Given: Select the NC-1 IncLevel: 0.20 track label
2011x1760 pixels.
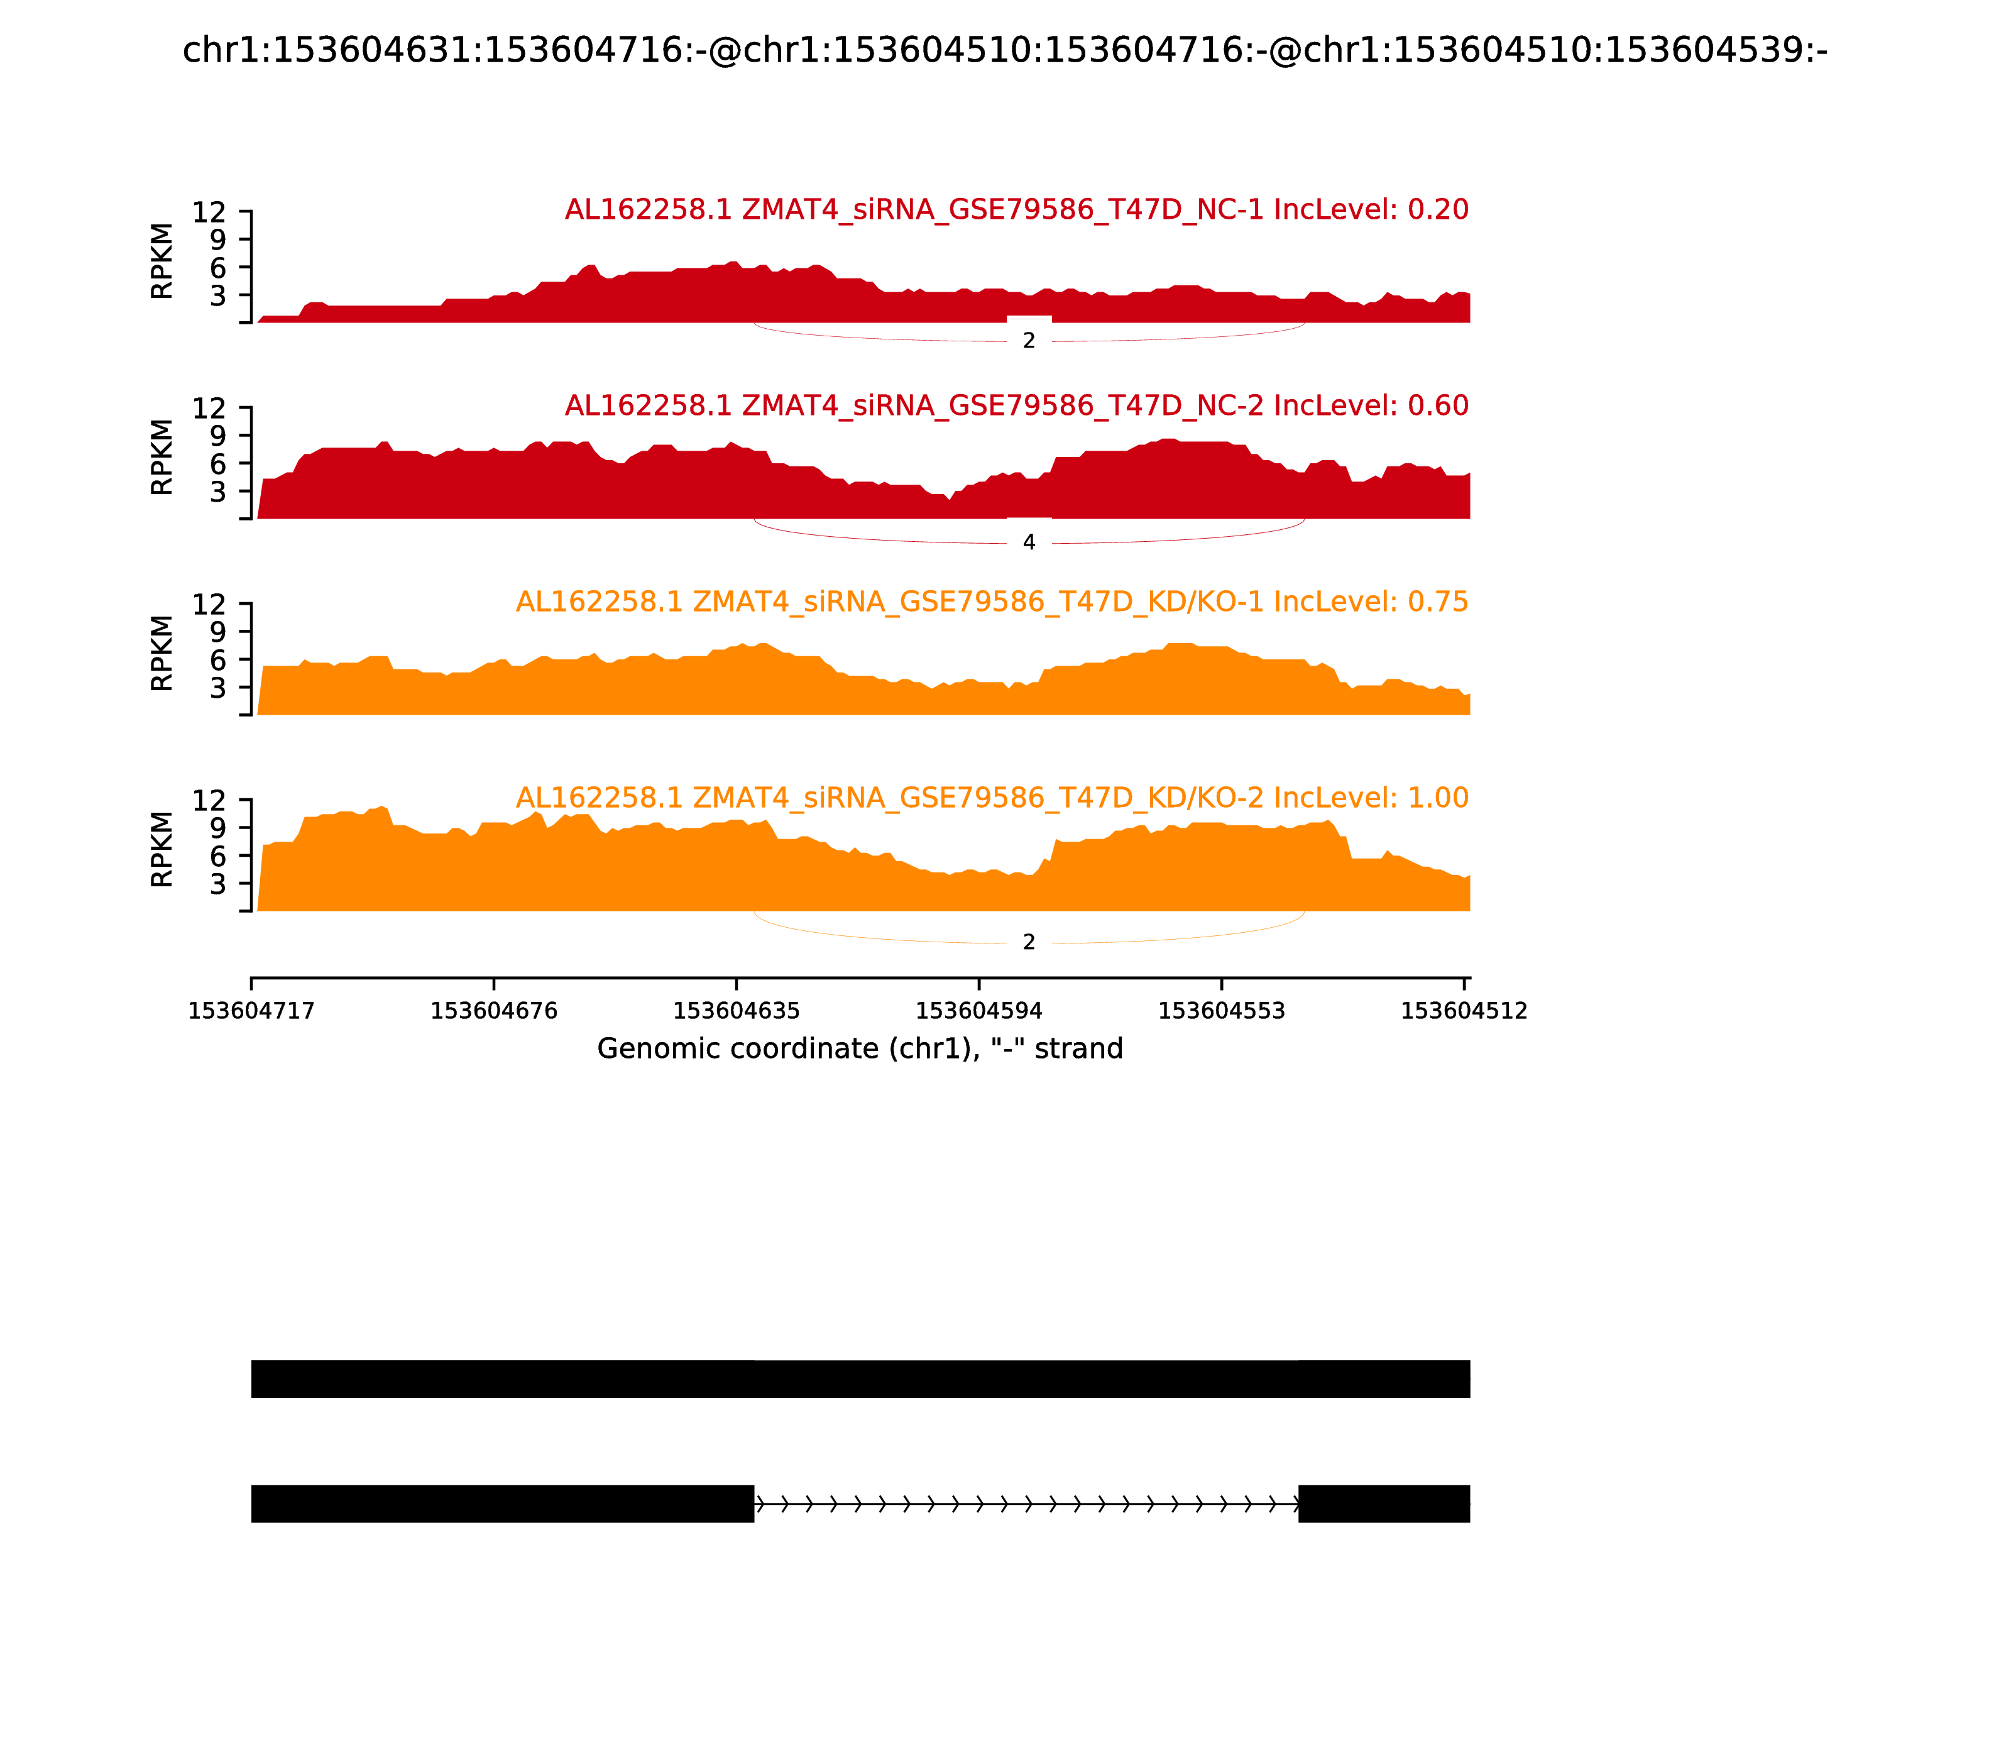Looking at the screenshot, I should (1016, 209).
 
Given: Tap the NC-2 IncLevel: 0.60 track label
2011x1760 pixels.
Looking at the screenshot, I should (1016, 405).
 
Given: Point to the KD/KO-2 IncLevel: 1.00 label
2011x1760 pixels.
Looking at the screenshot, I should (992, 798).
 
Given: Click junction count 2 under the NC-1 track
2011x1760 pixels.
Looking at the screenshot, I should (1028, 341).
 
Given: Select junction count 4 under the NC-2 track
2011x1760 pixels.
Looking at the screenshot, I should (1028, 542).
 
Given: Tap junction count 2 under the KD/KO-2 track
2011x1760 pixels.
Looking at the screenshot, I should (1028, 942).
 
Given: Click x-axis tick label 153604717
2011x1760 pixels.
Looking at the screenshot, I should (251, 1011).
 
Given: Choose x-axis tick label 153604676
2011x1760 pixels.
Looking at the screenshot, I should (494, 1011).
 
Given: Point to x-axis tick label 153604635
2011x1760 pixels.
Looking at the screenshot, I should (737, 1011).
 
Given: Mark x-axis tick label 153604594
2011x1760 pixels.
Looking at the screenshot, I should (979, 1011).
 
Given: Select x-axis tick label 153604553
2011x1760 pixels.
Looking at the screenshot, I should (1222, 1011).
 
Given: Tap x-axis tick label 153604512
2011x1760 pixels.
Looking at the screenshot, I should (1463, 1011).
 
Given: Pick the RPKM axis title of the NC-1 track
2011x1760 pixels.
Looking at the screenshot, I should (162, 261).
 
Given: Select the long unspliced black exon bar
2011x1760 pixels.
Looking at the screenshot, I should (860, 1379).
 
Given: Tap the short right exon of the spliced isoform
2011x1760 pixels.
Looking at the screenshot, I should (1384, 1504).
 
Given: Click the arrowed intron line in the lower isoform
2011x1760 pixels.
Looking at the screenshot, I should (1026, 1504).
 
